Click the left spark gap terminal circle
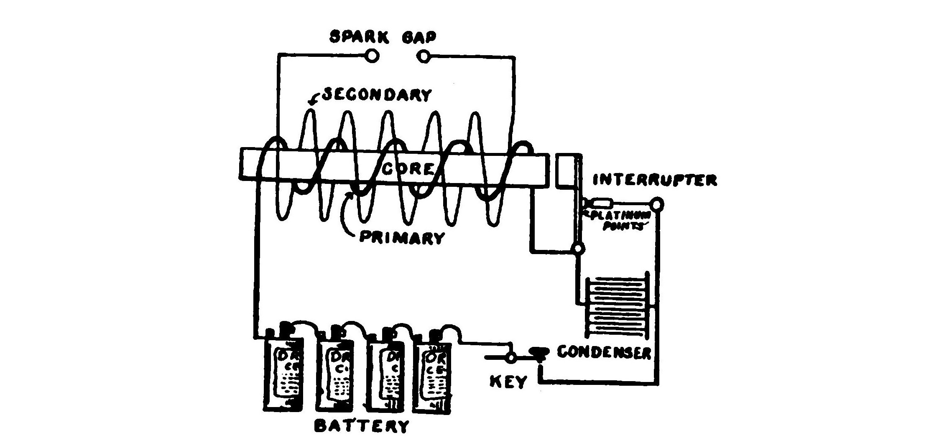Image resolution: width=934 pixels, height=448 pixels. click(372, 56)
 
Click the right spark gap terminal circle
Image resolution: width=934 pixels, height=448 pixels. click(424, 56)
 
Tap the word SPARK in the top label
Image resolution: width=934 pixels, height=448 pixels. click(360, 37)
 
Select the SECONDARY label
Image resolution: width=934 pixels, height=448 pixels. click(377, 95)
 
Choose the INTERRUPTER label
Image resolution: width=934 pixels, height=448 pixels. click(655, 180)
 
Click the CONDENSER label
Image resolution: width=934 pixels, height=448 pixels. click(605, 352)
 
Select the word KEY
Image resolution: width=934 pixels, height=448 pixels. click(508, 381)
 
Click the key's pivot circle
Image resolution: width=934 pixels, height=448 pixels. click(510, 357)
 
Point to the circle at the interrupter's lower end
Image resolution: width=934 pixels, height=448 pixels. click(578, 249)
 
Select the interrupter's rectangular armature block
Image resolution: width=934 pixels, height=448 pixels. click(565, 170)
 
